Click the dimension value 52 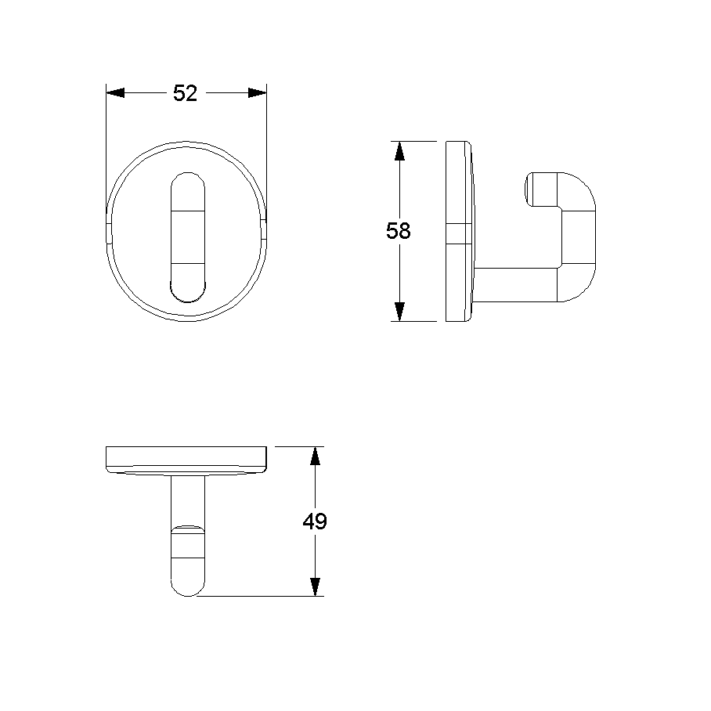[x=185, y=93]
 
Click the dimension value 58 [x=399, y=231]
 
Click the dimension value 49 [x=315, y=522]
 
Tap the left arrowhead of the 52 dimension [x=115, y=93]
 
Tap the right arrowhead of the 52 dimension [x=257, y=93]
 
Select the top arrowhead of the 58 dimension [x=399, y=150]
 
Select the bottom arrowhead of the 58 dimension [x=399, y=312]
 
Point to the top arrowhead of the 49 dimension [x=315, y=456]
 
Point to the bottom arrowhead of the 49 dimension [x=315, y=586]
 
